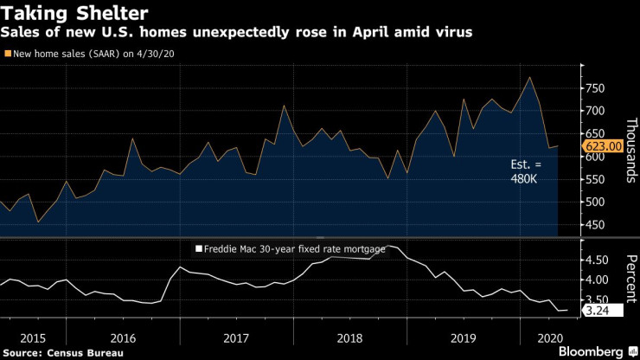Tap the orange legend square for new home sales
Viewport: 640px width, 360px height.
pyautogui.click(x=9, y=55)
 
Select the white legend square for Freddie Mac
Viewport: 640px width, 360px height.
pyautogui.click(x=198, y=249)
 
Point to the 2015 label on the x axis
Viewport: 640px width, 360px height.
pyautogui.click(x=33, y=339)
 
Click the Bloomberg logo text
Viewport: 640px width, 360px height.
pyautogui.click(x=592, y=353)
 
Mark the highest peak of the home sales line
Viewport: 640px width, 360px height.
pyautogui.click(x=529, y=77)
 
